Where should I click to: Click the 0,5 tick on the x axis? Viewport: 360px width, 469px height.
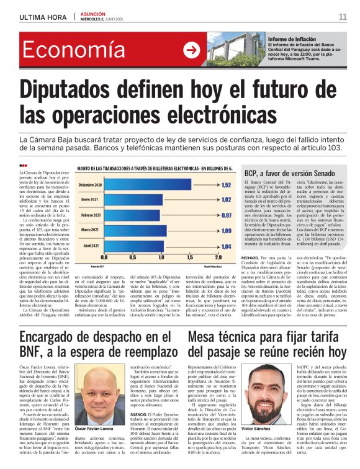tap(133, 257)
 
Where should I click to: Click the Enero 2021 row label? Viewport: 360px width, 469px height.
tap(91, 200)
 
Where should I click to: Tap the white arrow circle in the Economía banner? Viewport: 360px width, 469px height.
tap(193, 50)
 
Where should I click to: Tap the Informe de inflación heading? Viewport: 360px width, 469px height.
tap(292, 39)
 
